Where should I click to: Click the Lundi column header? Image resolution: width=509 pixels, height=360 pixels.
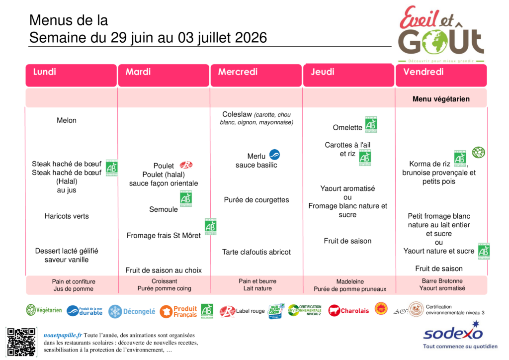point(71,75)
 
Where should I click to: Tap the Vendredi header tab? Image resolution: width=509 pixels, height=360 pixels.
point(441,75)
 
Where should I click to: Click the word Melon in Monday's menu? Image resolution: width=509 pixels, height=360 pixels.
point(67,120)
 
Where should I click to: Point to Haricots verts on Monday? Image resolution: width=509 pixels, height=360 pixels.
point(67,216)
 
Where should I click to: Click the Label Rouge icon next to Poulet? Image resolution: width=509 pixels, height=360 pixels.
point(186,165)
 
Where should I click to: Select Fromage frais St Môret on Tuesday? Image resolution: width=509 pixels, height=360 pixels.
point(164,235)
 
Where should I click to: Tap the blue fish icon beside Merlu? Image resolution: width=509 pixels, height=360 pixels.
point(274,155)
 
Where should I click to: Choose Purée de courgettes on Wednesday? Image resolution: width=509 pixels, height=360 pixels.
point(256,200)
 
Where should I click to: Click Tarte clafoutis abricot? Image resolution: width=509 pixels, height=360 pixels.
point(256,252)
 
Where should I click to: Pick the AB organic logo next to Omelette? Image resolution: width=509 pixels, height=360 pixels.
point(371,125)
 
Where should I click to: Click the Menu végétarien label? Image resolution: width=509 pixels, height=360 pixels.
point(441,99)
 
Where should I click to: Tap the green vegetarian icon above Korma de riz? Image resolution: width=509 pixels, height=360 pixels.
point(478,152)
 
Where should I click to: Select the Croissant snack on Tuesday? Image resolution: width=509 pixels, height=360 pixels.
point(164,281)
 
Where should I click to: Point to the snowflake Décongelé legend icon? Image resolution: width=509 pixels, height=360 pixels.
point(115,312)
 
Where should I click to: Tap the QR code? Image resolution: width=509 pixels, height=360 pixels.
point(21,342)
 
